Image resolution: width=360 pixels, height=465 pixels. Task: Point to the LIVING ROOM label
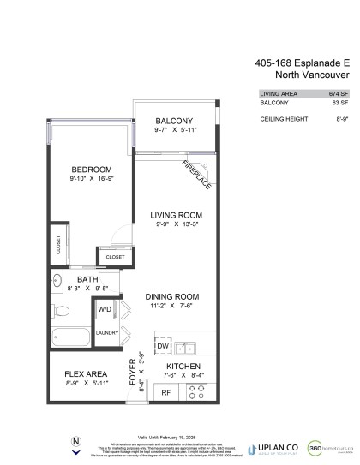pyautogui.click(x=176, y=215)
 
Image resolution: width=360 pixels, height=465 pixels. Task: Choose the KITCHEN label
pyautogui.click(x=183, y=366)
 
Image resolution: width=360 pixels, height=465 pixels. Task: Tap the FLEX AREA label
pyautogui.click(x=86, y=374)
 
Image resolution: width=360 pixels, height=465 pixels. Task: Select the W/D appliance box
pyautogui.click(x=105, y=308)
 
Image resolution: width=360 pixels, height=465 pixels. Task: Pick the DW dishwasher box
pyautogui.click(x=163, y=346)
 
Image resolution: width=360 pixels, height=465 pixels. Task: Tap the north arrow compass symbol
pyautogui.click(x=76, y=446)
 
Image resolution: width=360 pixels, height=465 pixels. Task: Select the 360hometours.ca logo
pyautogui.click(x=322, y=448)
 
